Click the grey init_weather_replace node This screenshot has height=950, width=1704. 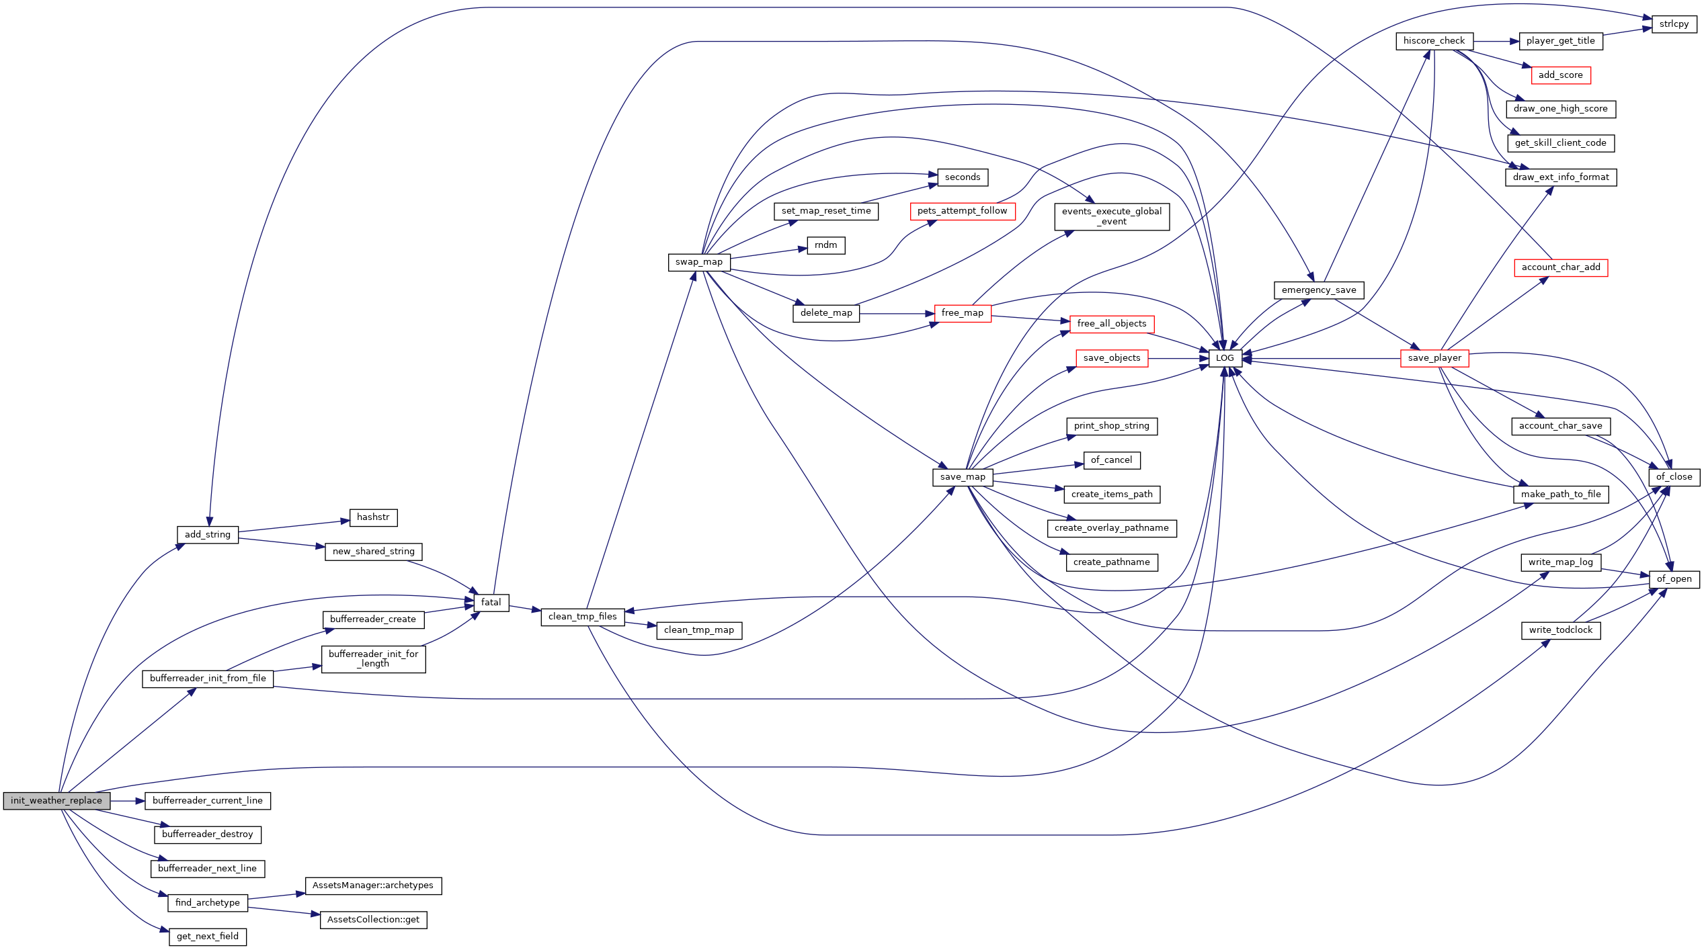56,800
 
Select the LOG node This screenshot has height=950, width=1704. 1225,358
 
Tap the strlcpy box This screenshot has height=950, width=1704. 1674,24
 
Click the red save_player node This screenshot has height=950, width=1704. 1434,358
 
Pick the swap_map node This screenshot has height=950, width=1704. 699,262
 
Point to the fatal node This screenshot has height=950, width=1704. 491,603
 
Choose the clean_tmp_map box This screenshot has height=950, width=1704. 699,630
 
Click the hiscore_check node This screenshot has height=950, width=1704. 1434,41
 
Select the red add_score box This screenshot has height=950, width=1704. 1560,75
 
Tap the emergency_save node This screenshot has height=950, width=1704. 1319,290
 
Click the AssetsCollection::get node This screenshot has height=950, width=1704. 373,920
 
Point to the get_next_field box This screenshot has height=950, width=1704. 208,937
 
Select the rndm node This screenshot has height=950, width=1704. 825,245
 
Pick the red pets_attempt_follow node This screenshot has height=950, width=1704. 962,211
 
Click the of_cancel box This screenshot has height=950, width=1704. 1111,460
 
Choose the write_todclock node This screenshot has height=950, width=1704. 1560,630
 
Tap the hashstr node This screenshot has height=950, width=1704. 373,517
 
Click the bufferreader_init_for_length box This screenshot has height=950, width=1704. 373,658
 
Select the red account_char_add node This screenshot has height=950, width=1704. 1560,267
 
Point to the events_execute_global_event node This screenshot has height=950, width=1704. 1111,216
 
